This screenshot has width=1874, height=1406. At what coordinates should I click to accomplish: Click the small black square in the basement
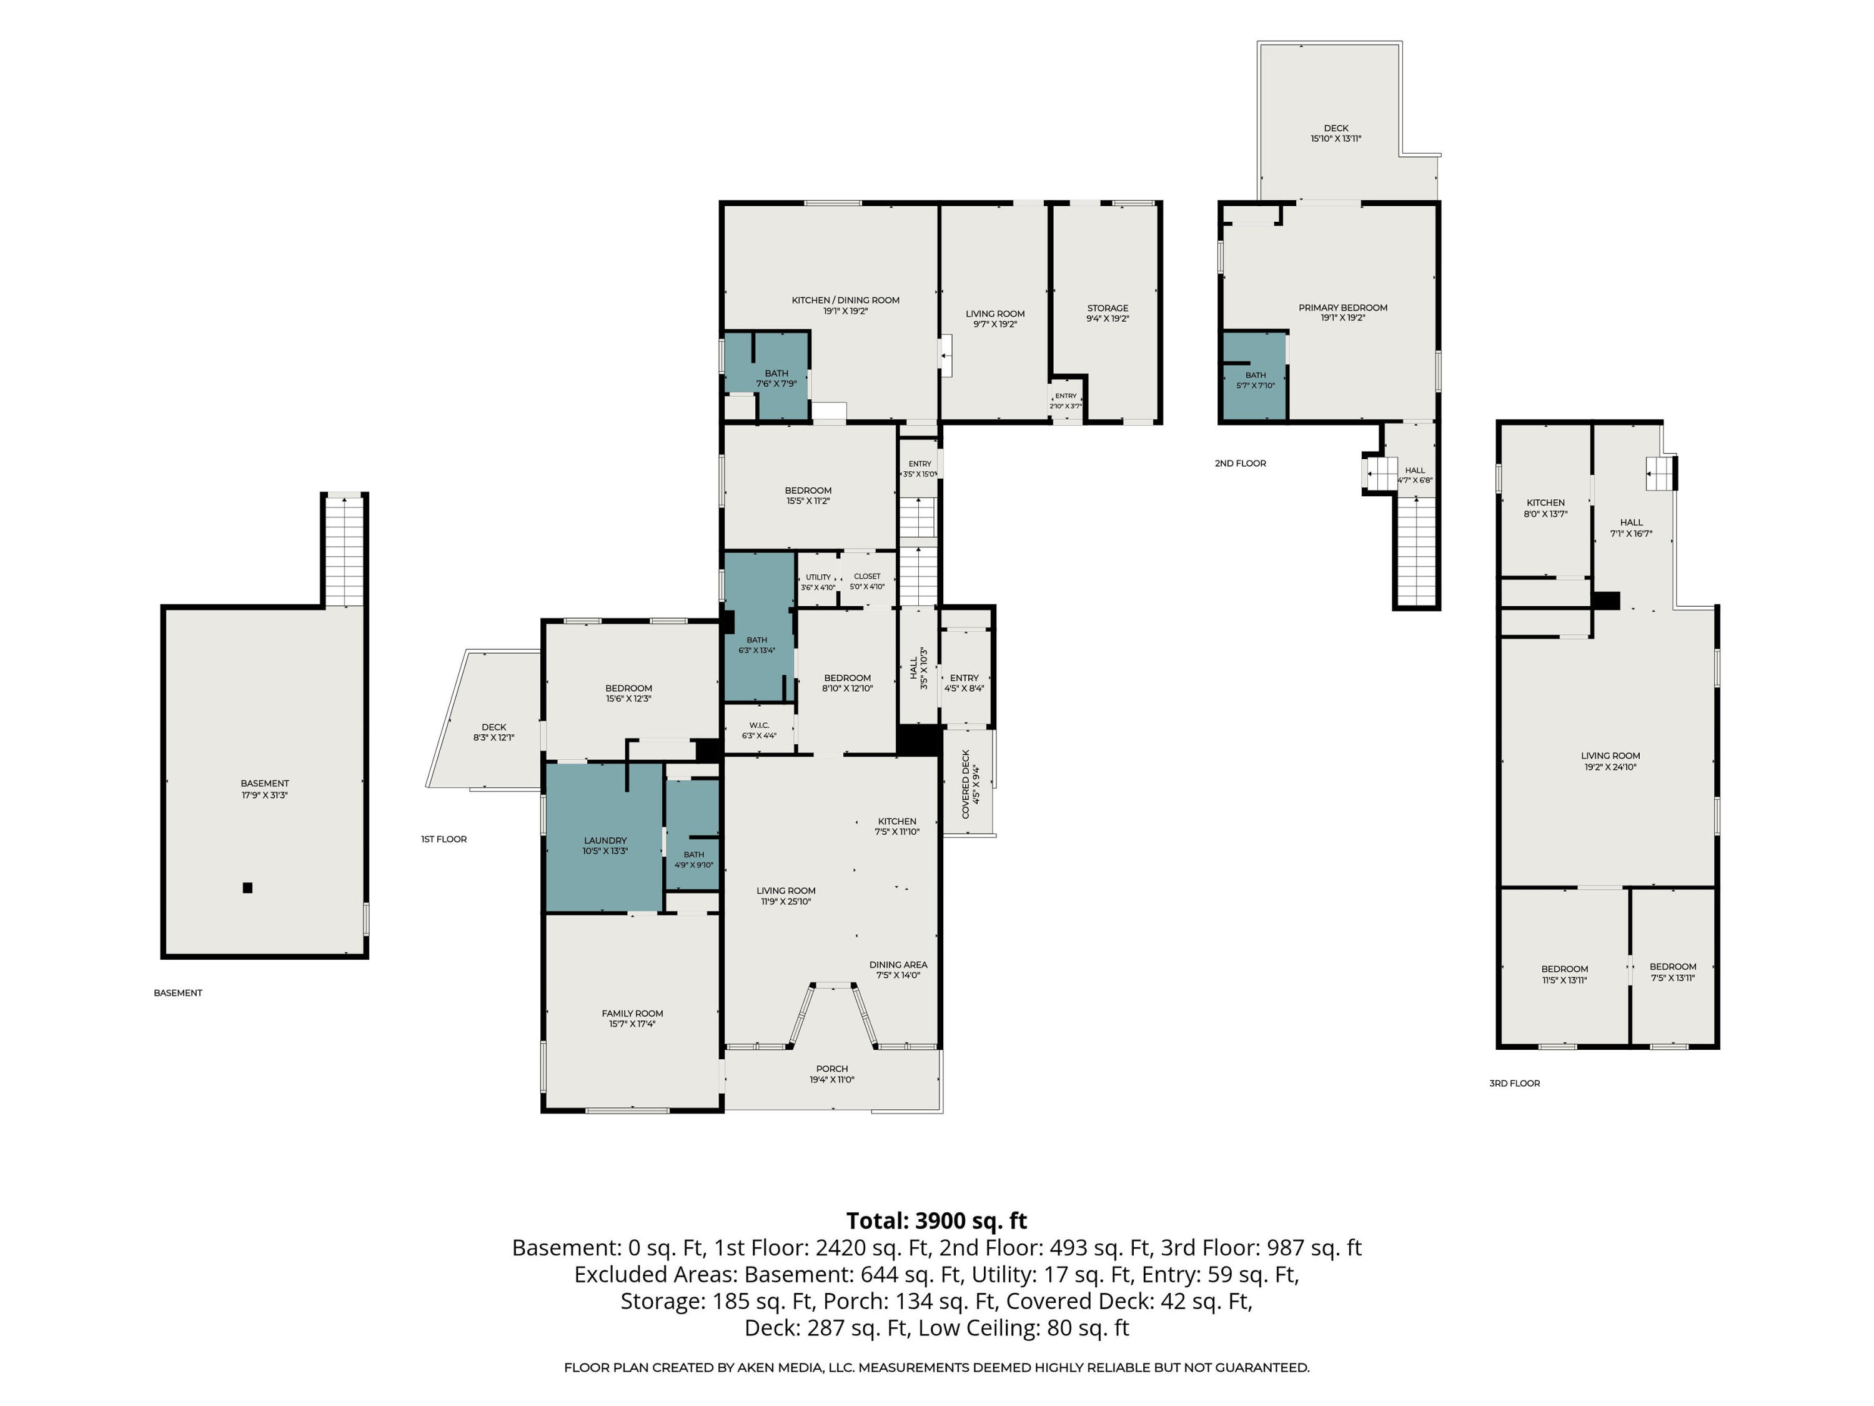(x=247, y=888)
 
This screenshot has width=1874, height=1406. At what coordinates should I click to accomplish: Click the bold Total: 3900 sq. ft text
(x=936, y=1220)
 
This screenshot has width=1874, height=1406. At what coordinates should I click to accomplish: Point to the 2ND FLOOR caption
(x=1241, y=464)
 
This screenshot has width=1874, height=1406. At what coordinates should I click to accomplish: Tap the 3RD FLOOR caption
(x=1515, y=1083)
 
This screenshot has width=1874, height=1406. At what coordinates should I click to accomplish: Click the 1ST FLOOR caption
(x=444, y=839)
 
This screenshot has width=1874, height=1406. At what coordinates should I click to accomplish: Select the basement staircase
(x=344, y=551)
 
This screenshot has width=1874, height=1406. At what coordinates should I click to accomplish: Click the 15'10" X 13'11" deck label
(x=1336, y=133)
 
